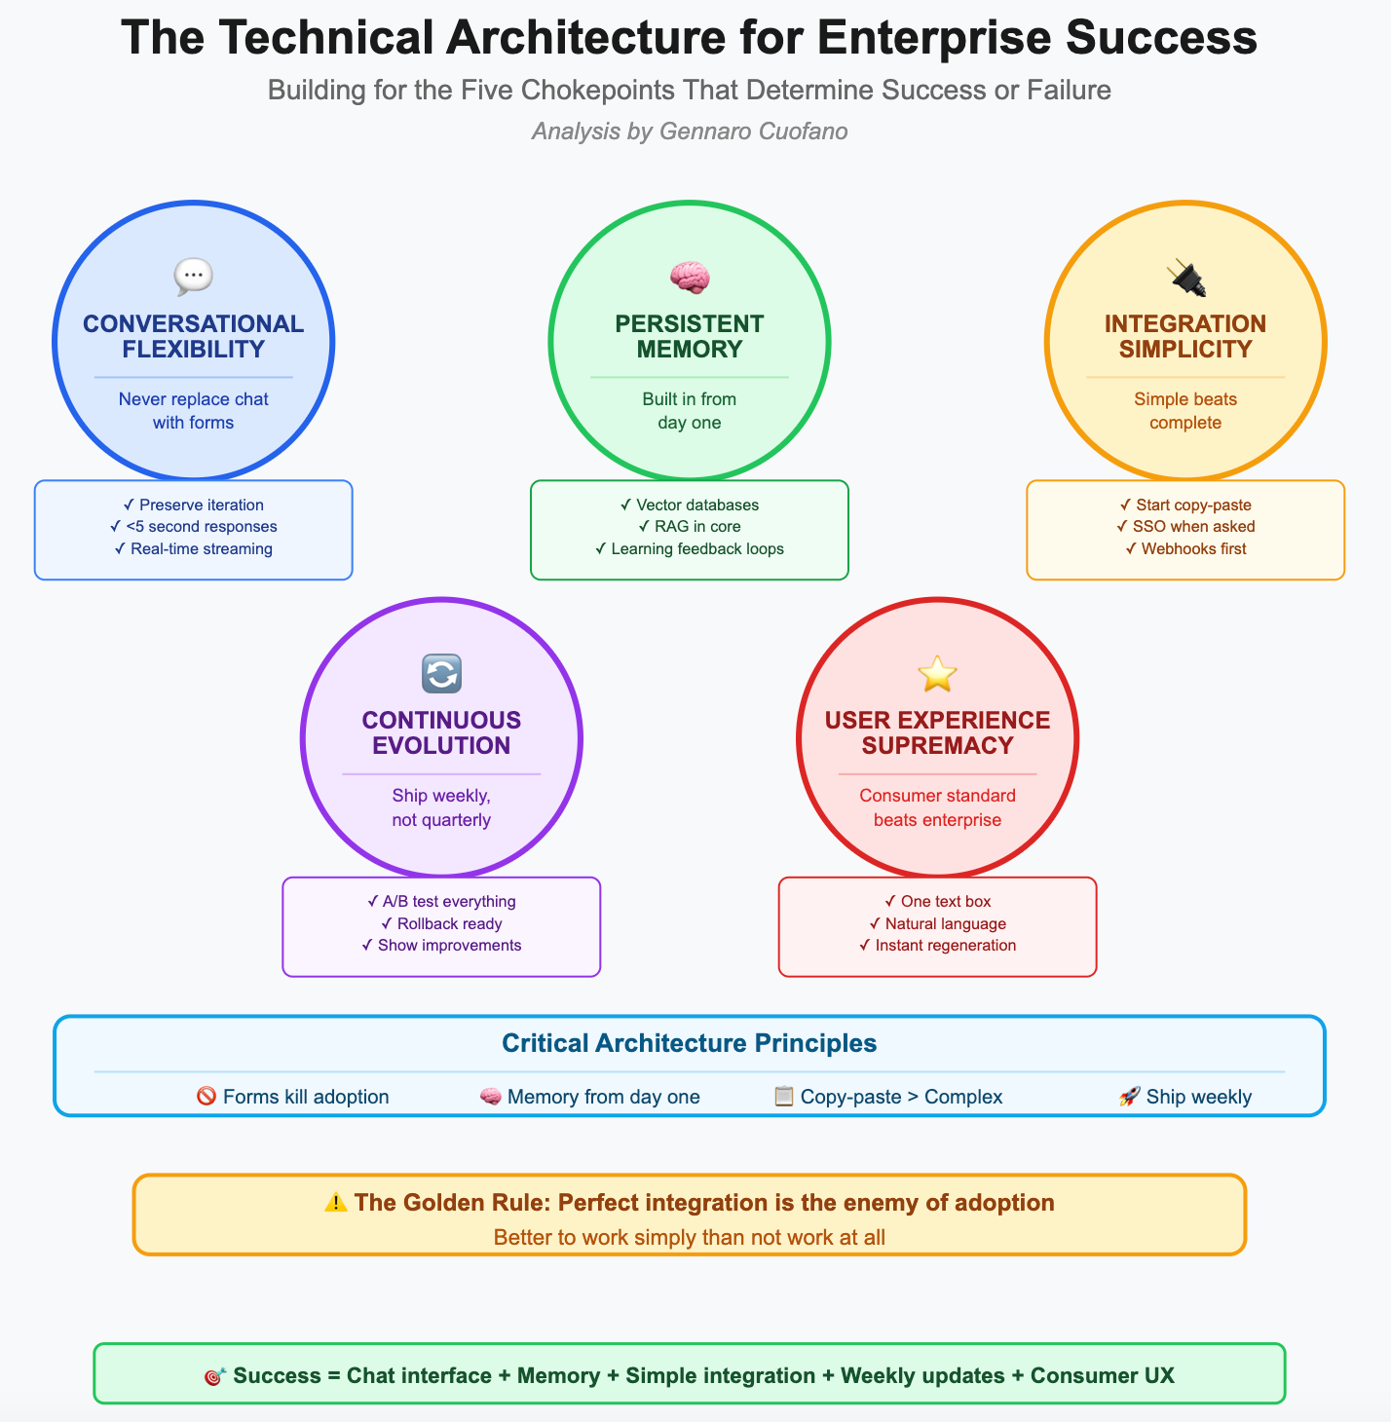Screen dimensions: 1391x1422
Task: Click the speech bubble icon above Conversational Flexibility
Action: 193,278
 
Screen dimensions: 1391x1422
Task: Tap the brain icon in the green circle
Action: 690,278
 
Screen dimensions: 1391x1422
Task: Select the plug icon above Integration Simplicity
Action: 1185,278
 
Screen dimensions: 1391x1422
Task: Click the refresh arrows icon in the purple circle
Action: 441,674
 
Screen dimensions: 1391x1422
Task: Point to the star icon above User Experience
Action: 937,674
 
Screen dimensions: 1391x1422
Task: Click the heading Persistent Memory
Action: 690,336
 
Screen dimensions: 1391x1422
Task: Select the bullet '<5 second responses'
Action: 194,527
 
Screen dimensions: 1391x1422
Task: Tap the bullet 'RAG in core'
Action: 690,527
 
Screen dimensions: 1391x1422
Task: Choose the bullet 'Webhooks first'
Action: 1185,549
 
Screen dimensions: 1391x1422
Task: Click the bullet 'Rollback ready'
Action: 441,923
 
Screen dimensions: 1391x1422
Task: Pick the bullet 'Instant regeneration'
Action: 937,946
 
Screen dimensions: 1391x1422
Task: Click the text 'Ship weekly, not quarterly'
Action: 441,807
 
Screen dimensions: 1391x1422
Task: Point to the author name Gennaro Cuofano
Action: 753,131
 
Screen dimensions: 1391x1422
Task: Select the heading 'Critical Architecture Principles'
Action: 690,1043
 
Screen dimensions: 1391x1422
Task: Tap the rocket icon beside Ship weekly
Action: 1130,1097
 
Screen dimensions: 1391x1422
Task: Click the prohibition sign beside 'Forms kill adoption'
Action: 207,1097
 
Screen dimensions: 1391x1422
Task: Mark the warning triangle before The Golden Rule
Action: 336,1203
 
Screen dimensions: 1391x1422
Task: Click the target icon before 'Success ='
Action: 215,1376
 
